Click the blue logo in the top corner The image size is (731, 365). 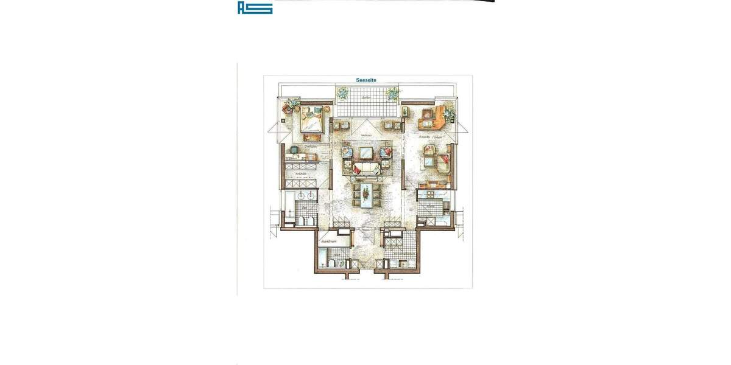[x=255, y=7]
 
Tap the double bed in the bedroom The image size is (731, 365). [x=313, y=119]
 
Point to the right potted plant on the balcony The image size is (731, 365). [x=393, y=93]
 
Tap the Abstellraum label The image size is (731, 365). [x=329, y=242]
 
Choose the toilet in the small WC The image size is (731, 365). [x=329, y=262]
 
